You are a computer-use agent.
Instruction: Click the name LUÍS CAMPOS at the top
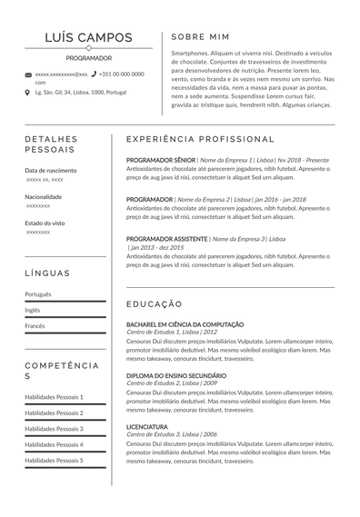[x=88, y=38]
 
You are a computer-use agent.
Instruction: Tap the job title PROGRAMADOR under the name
[x=88, y=57]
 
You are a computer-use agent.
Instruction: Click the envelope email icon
[x=28, y=75]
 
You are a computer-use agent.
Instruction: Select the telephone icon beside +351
[x=94, y=74]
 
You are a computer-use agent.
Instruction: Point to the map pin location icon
[x=28, y=92]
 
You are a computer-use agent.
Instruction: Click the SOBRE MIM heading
[x=202, y=37]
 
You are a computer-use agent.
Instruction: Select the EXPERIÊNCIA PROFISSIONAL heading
[x=200, y=139]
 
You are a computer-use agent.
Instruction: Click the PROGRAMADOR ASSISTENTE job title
[x=167, y=238]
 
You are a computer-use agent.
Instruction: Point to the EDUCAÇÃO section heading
[x=154, y=303]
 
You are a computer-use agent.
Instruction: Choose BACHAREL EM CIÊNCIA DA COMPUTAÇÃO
[x=185, y=324]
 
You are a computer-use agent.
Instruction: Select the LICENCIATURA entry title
[x=146, y=426]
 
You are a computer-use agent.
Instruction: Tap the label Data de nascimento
[x=51, y=171]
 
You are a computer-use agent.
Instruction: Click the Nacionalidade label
[x=44, y=196]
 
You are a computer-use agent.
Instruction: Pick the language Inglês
[x=33, y=310]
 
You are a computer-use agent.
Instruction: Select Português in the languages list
[x=38, y=294]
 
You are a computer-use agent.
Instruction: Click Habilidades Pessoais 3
[x=54, y=428]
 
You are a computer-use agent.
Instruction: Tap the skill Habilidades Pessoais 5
[x=54, y=460]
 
